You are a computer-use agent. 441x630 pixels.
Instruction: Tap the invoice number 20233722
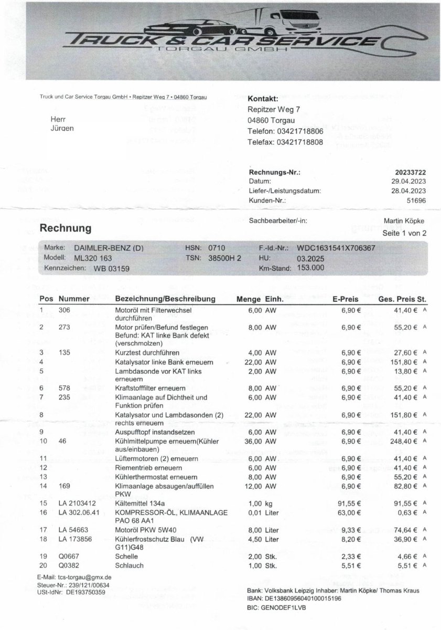[410, 172]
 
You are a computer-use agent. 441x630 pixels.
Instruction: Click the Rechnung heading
[66, 228]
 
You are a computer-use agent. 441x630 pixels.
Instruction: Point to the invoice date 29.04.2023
[410, 181]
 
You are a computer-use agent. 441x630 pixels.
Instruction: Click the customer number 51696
[416, 201]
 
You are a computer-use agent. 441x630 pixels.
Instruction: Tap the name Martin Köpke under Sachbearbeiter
[404, 221]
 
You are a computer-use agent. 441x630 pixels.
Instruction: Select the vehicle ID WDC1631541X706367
[336, 248]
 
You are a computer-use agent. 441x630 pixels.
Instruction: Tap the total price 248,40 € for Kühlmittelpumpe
[402, 442]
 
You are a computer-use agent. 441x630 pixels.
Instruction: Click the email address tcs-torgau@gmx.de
[81, 577]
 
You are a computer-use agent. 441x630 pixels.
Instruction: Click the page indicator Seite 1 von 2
[405, 233]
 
